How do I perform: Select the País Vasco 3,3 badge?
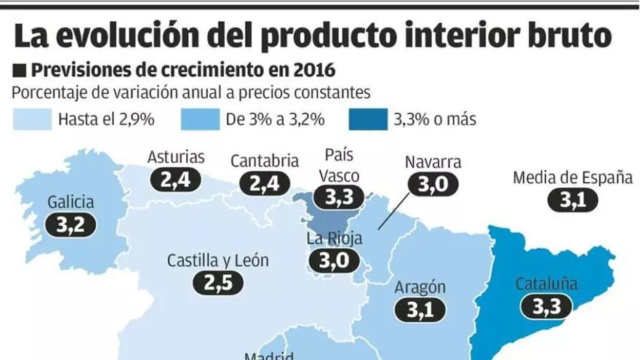click(337, 196)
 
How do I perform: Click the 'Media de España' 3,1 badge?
click(573, 200)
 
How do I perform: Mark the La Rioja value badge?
click(335, 260)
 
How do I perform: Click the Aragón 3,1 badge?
click(420, 310)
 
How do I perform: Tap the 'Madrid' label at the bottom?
click(269, 356)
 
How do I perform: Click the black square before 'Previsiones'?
click(20, 71)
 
